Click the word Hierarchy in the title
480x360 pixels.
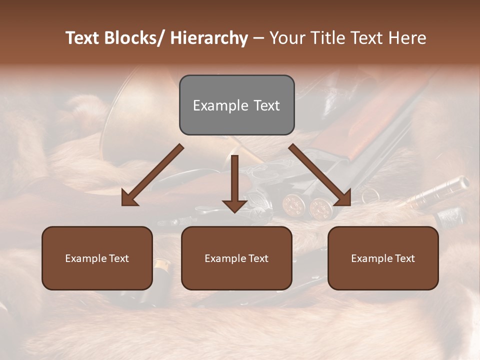(x=209, y=38)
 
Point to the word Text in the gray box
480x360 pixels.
(x=266, y=105)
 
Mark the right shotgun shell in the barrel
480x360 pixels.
(x=318, y=208)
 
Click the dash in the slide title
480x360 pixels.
(x=258, y=38)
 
